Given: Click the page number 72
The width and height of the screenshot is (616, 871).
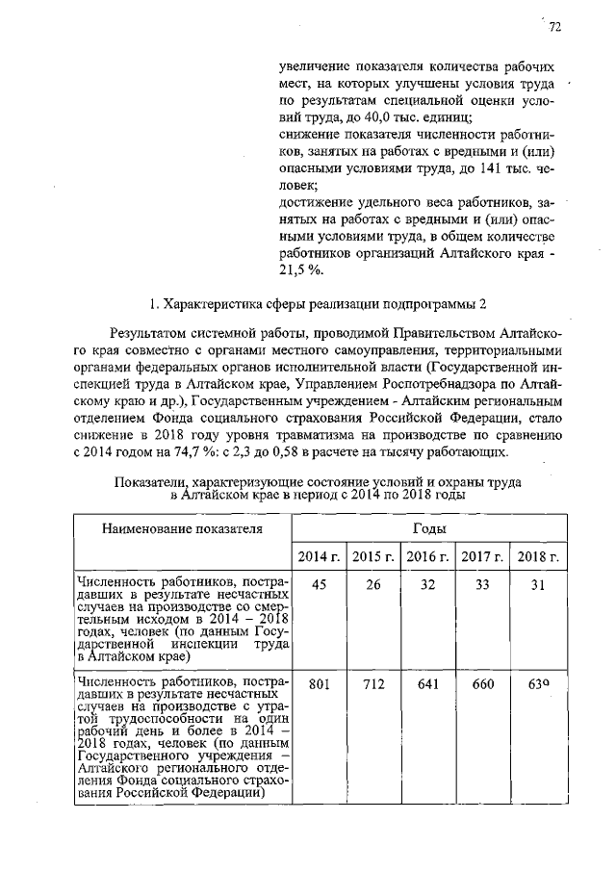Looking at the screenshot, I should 554,28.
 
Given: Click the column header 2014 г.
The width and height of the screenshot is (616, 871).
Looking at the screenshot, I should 319,556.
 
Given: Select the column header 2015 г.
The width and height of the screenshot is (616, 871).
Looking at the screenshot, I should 373,556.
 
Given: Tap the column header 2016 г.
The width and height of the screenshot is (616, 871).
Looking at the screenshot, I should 428,556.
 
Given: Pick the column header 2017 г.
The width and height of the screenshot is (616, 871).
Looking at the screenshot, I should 482,556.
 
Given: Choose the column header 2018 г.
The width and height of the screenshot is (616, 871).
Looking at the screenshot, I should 537,556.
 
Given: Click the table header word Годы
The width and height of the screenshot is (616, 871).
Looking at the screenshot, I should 428,528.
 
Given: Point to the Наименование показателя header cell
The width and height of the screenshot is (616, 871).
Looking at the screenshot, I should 183,528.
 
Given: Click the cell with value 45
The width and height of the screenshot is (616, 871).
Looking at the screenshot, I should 319,584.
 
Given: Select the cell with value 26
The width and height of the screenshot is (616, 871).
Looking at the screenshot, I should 373,584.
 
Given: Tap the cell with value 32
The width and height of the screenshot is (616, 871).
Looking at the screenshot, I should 428,584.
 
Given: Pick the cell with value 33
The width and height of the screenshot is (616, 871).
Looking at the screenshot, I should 482,584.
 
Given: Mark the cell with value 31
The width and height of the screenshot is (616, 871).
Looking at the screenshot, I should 537,584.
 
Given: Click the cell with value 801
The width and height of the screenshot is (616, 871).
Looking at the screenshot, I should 319,684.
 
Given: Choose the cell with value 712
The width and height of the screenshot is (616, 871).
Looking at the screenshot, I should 373,684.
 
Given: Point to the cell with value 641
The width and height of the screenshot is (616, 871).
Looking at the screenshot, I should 428,684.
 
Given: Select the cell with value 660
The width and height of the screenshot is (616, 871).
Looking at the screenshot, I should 482,684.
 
